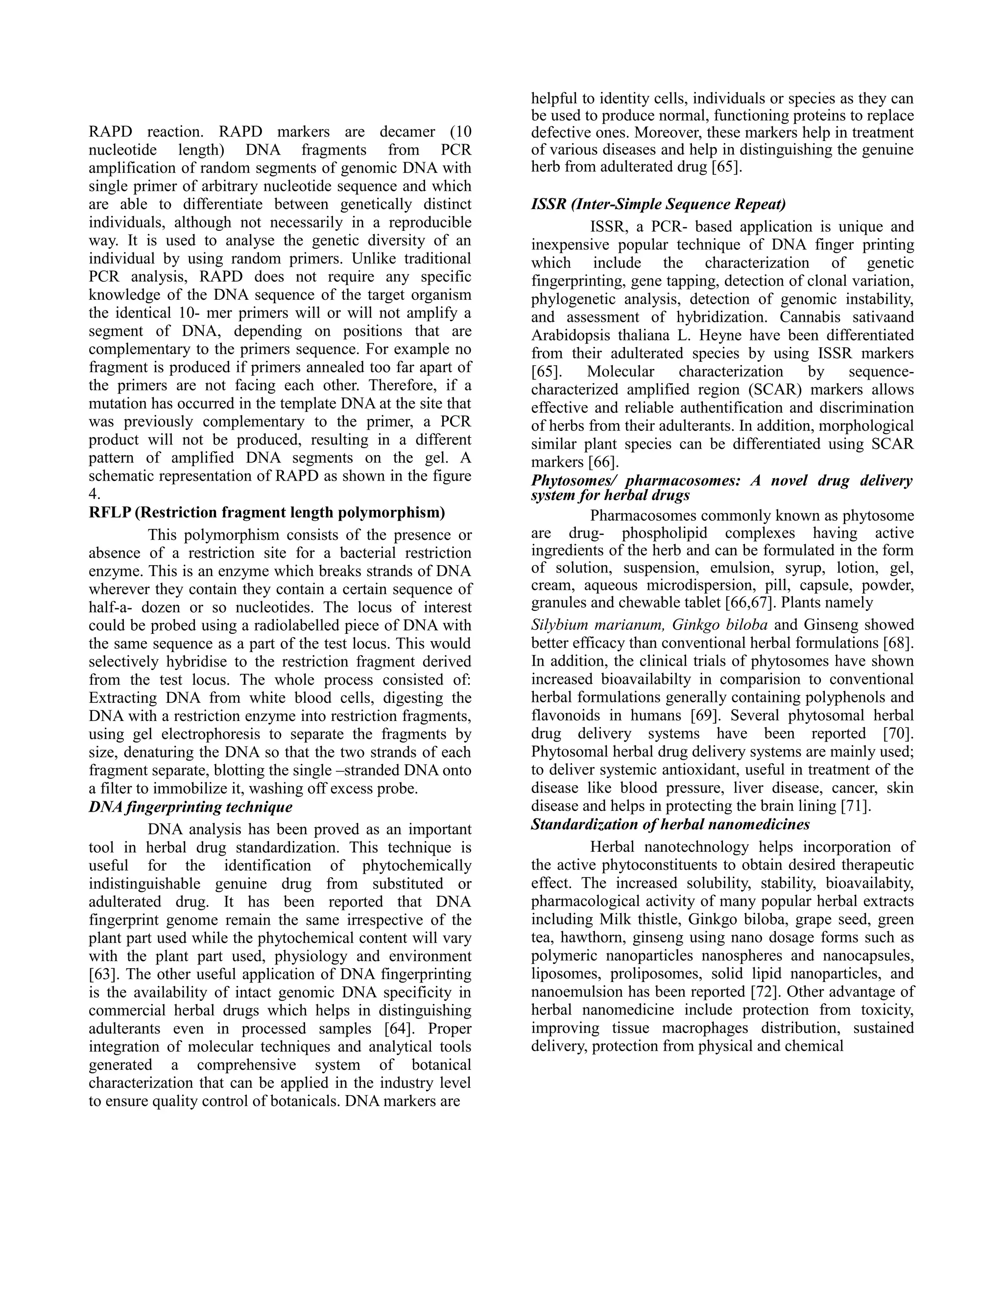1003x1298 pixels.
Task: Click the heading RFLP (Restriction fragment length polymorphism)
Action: click(x=267, y=512)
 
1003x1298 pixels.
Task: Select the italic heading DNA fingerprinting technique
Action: click(x=191, y=807)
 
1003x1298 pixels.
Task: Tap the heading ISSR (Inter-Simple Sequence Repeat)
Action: click(x=658, y=204)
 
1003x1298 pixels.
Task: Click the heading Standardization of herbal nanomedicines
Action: click(x=670, y=824)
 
